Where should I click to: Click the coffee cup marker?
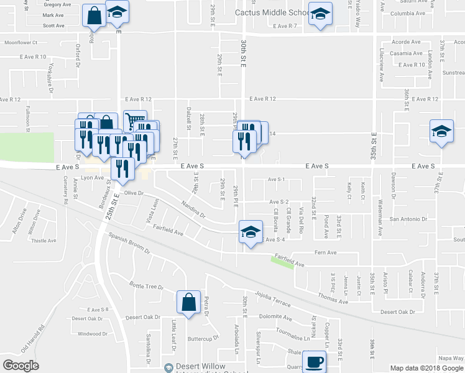(314, 361)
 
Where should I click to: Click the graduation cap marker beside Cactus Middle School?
(320, 14)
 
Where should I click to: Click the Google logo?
(21, 366)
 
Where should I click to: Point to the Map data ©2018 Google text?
(426, 367)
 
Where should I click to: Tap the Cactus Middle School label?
(272, 12)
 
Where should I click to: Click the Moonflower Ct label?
(21, 43)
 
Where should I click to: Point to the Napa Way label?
(450, 357)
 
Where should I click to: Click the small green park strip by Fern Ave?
(282, 262)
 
